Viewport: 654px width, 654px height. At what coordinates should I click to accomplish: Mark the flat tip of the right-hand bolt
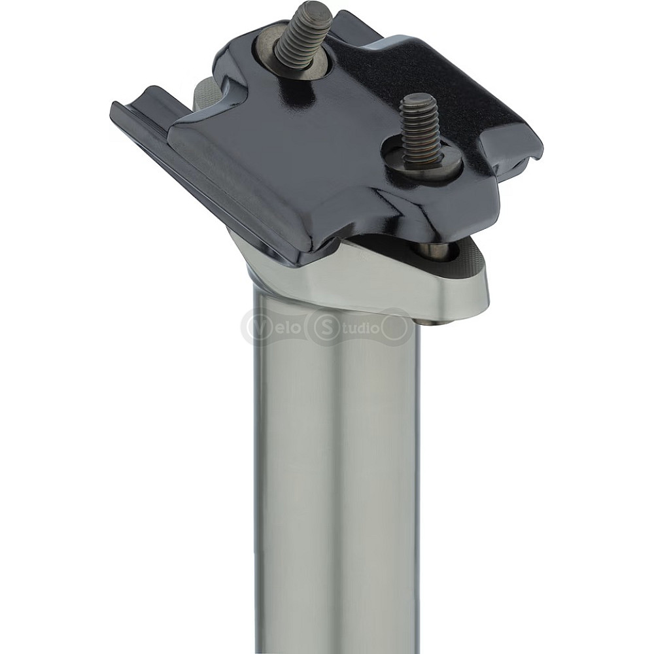coord(416,99)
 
